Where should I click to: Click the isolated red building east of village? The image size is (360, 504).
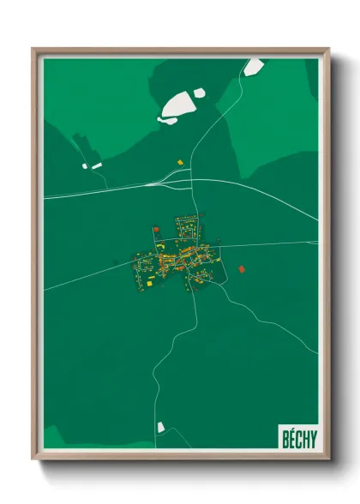coord(241,269)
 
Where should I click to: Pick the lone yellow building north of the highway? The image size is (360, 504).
coord(180,161)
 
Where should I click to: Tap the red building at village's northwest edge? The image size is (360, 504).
coord(155,229)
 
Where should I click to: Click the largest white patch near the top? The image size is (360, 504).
coord(176,105)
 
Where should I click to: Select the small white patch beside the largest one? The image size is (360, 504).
coord(199,92)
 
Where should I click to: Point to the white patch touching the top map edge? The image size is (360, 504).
coord(253,67)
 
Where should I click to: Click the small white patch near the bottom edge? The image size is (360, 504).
coord(160,426)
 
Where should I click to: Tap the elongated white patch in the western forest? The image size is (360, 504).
coord(96,165)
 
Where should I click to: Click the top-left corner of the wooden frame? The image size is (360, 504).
coord(33,49)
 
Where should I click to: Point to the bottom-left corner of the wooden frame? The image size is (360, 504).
coord(33,460)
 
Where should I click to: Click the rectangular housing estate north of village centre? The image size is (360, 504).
coord(187,228)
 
